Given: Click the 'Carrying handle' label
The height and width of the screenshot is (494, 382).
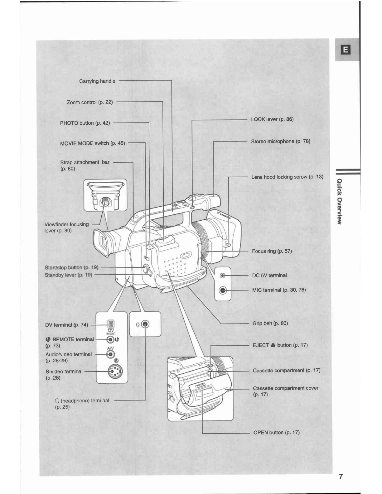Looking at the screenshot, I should click(97, 81).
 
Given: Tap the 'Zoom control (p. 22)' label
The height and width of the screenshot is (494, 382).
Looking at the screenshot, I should click(89, 102).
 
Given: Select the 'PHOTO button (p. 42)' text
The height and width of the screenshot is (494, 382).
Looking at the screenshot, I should click(85, 123).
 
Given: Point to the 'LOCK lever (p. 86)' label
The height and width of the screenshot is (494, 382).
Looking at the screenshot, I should click(272, 119).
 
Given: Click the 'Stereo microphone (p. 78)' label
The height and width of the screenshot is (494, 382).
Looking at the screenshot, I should click(281, 141).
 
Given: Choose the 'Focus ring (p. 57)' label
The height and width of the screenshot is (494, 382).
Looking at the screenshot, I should click(272, 251).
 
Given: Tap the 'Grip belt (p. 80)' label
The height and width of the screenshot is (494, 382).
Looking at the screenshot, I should click(270, 324).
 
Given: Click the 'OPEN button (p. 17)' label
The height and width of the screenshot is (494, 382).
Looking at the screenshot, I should click(276, 433).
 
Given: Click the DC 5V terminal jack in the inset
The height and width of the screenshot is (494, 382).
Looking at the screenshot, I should click(222, 276).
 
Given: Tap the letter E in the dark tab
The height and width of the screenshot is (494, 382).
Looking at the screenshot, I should click(346, 50).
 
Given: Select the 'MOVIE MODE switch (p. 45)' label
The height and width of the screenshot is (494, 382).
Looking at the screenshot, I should click(92, 143).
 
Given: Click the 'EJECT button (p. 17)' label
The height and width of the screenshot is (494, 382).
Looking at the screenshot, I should click(280, 345).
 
